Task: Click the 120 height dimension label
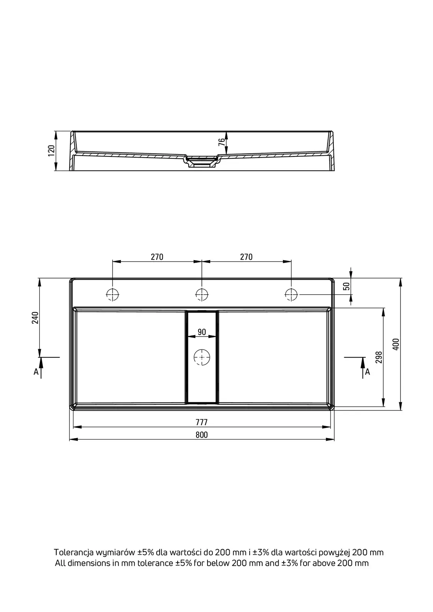tap(51, 151)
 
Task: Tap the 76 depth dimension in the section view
tap(222, 142)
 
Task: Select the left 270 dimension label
tap(157, 257)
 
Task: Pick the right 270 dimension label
tap(246, 257)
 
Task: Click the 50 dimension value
tap(346, 286)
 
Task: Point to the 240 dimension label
tap(35, 317)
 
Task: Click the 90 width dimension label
tap(202, 332)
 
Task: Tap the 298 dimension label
tap(379, 357)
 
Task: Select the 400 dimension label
tap(396, 344)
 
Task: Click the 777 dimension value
tap(202, 422)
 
